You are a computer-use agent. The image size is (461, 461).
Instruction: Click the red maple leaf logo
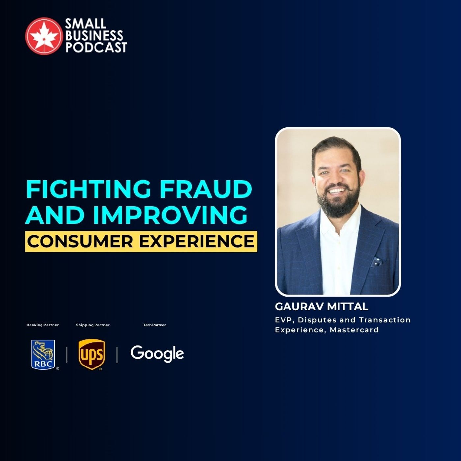coord(44,36)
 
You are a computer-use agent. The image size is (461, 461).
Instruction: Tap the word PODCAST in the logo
coord(96,47)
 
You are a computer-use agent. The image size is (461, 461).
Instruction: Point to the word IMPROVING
coord(170,215)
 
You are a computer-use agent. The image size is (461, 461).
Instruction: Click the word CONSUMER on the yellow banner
coord(80,241)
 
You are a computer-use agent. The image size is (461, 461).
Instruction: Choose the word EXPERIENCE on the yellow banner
coord(197,241)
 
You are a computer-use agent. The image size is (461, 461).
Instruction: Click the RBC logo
coord(43,355)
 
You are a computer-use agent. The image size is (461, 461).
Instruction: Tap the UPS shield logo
coord(92,355)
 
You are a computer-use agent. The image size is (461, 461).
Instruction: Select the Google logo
coord(157,354)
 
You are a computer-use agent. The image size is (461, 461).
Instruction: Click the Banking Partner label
coord(42,325)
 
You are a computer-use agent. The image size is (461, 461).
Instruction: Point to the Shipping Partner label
coord(93,325)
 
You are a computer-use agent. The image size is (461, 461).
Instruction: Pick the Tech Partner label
coord(154,325)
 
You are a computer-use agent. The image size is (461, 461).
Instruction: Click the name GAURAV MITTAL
coord(321,307)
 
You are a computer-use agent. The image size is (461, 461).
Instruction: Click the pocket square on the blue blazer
coord(377,262)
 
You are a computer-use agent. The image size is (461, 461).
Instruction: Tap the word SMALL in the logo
coord(85,24)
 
